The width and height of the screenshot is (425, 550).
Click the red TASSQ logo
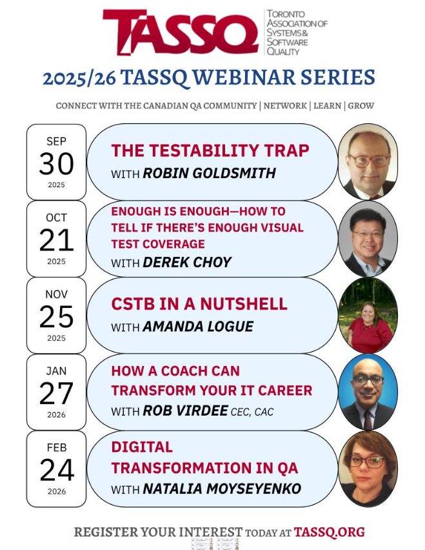(x=181, y=32)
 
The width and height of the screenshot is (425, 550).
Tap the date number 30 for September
(x=56, y=164)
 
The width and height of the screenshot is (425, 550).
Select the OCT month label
(x=56, y=218)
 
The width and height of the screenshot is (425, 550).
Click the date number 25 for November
(x=56, y=317)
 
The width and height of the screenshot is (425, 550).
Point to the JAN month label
(x=56, y=371)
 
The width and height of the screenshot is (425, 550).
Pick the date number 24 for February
(x=57, y=470)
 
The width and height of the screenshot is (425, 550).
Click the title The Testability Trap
(x=210, y=150)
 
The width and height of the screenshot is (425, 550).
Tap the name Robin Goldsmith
(x=209, y=173)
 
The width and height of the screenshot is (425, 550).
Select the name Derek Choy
(x=187, y=262)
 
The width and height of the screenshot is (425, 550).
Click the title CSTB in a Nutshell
(x=199, y=304)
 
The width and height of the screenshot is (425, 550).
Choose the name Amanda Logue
(x=198, y=327)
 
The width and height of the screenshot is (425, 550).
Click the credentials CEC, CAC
(x=252, y=412)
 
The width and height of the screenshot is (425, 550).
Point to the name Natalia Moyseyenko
(x=222, y=489)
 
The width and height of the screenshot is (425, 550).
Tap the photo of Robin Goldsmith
(x=368, y=161)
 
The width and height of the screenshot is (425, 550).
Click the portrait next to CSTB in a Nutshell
(x=368, y=315)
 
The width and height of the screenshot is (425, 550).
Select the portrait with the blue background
(x=368, y=392)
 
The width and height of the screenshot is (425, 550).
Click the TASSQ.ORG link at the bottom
(x=329, y=532)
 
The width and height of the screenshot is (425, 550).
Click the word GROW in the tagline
(x=361, y=106)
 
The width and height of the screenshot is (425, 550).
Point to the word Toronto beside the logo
(x=286, y=14)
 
